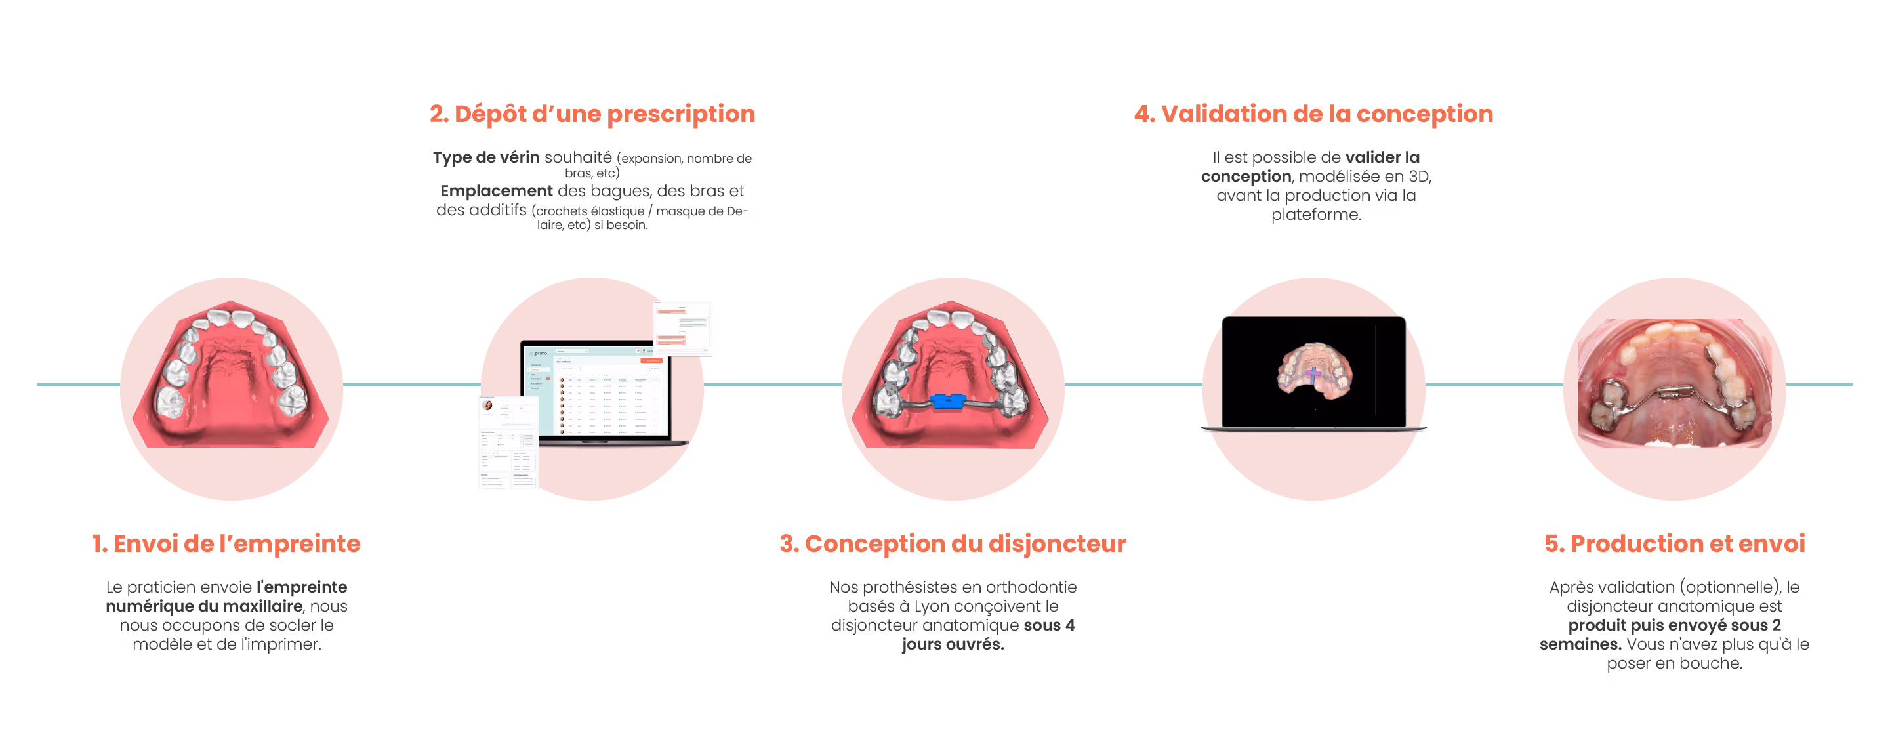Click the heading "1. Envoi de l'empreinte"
(226, 543)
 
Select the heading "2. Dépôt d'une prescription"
(592, 114)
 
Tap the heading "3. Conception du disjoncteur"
(953, 543)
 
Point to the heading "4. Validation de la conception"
(1313, 114)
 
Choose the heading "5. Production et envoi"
(1674, 543)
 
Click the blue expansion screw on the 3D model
(949, 402)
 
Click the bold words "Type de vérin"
(485, 157)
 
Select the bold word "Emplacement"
(496, 192)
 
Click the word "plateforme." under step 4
(1315, 215)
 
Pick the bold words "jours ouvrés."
(953, 645)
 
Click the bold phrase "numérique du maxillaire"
(204, 607)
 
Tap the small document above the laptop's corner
(682, 327)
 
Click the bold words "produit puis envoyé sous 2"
(1674, 626)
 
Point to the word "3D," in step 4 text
(1419, 177)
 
